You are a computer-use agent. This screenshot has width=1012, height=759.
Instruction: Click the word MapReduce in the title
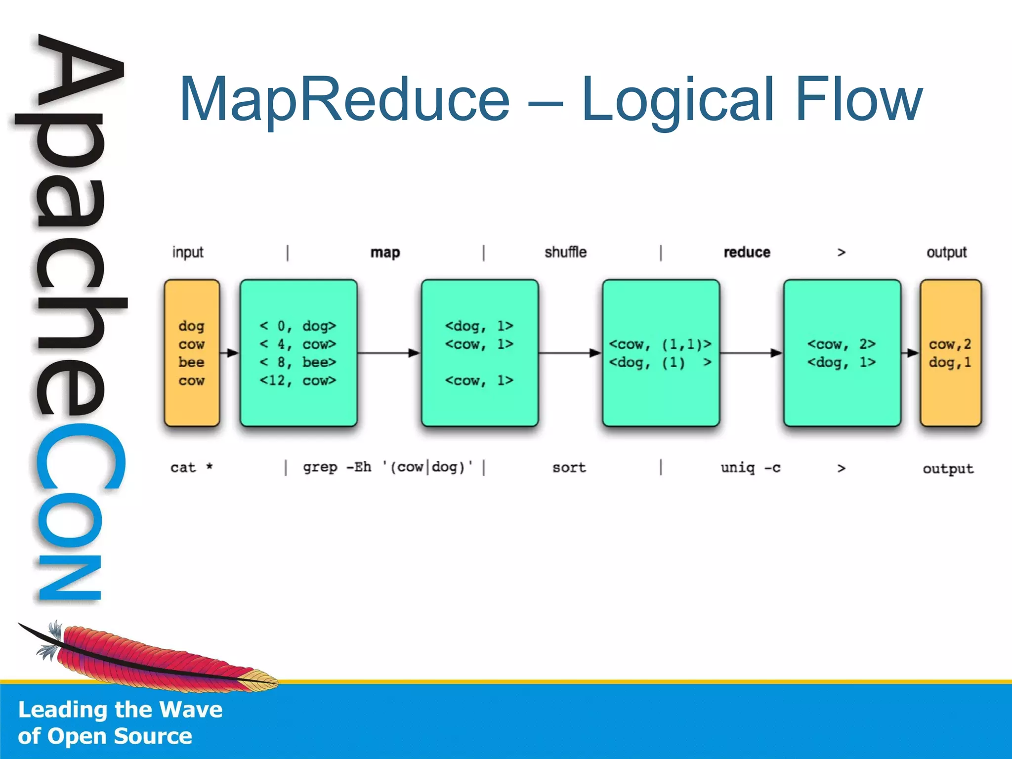tap(344, 99)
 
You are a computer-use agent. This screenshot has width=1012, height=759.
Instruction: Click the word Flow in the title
tap(859, 99)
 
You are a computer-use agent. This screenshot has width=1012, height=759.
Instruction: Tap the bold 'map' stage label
tap(385, 253)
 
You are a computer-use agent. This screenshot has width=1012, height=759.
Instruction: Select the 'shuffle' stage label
tap(565, 253)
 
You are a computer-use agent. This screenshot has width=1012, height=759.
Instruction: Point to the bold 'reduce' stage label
tap(747, 253)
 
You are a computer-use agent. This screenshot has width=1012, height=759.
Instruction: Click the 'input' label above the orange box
tap(187, 253)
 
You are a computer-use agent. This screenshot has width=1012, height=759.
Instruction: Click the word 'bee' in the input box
tap(191, 362)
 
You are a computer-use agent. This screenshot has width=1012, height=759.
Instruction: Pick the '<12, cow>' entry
tap(298, 380)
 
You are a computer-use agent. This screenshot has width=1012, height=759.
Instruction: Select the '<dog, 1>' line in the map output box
tap(479, 326)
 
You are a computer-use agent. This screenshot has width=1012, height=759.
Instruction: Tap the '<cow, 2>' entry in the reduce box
tap(841, 344)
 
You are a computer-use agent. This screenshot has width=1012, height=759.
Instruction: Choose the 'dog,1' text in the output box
tap(950, 362)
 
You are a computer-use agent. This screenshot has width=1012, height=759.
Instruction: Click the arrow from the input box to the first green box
tap(230, 353)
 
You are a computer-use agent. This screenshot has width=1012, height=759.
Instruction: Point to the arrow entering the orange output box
tap(910, 353)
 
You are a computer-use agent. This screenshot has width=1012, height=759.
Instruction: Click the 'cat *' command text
tap(191, 467)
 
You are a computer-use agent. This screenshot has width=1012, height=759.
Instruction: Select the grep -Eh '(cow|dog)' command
tap(387, 467)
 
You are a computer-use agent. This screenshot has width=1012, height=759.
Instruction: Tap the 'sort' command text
tap(569, 467)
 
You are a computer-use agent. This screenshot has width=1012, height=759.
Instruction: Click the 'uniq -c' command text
tap(750, 467)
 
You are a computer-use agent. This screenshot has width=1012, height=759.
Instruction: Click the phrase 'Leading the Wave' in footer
tap(120, 710)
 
